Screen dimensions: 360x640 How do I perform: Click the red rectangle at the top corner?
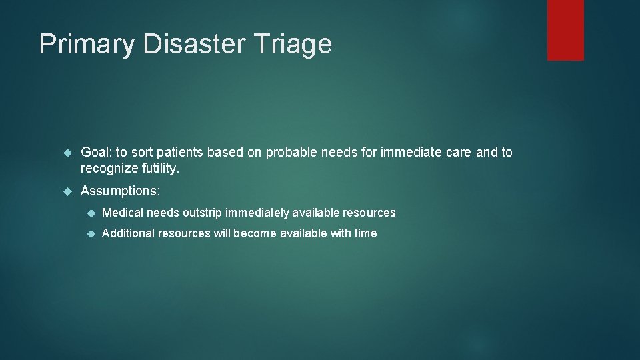click(565, 29)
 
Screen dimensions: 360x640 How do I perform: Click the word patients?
click(181, 152)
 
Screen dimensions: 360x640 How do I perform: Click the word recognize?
click(109, 169)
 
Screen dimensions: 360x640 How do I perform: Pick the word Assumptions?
click(120, 191)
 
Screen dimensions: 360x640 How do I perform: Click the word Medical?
click(123, 213)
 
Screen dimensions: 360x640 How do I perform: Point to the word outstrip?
click(201, 213)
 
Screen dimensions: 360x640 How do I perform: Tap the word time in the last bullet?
click(365, 233)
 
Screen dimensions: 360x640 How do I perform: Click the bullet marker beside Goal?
click(67, 153)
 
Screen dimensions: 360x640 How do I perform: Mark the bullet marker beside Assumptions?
click(67, 191)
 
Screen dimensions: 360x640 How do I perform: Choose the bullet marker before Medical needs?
click(90, 213)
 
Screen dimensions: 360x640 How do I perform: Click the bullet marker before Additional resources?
click(90, 234)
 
